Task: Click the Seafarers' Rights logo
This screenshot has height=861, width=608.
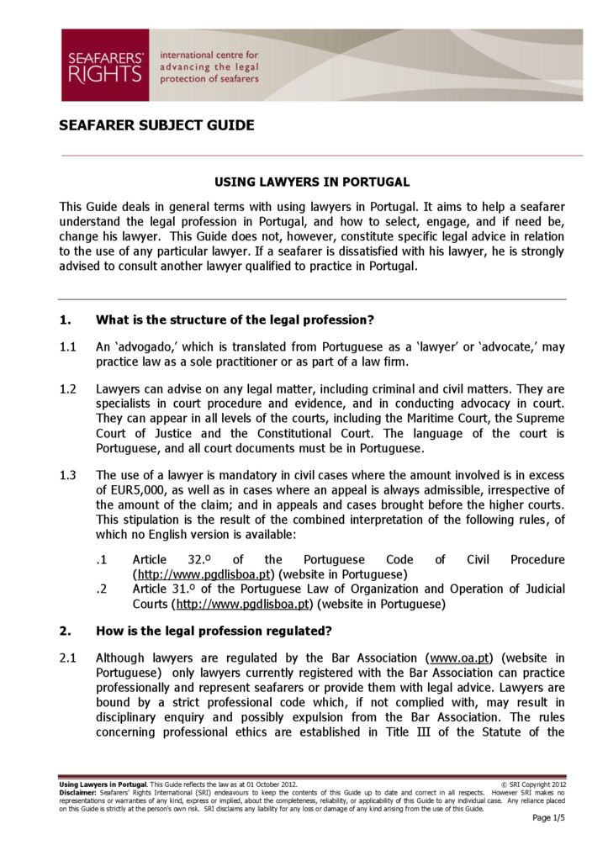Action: pyautogui.click(x=105, y=66)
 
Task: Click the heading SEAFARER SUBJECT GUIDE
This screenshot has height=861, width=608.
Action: pyautogui.click(x=156, y=126)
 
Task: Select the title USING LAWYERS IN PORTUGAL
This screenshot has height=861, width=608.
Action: pyautogui.click(x=312, y=182)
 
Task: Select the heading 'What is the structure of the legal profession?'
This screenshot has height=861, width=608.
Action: pyautogui.click(x=235, y=320)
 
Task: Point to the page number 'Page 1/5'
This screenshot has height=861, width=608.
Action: pyautogui.click(x=548, y=818)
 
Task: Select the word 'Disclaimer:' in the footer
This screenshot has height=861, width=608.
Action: pyautogui.click(x=78, y=792)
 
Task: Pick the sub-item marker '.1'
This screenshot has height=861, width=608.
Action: pyautogui.click(x=102, y=560)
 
